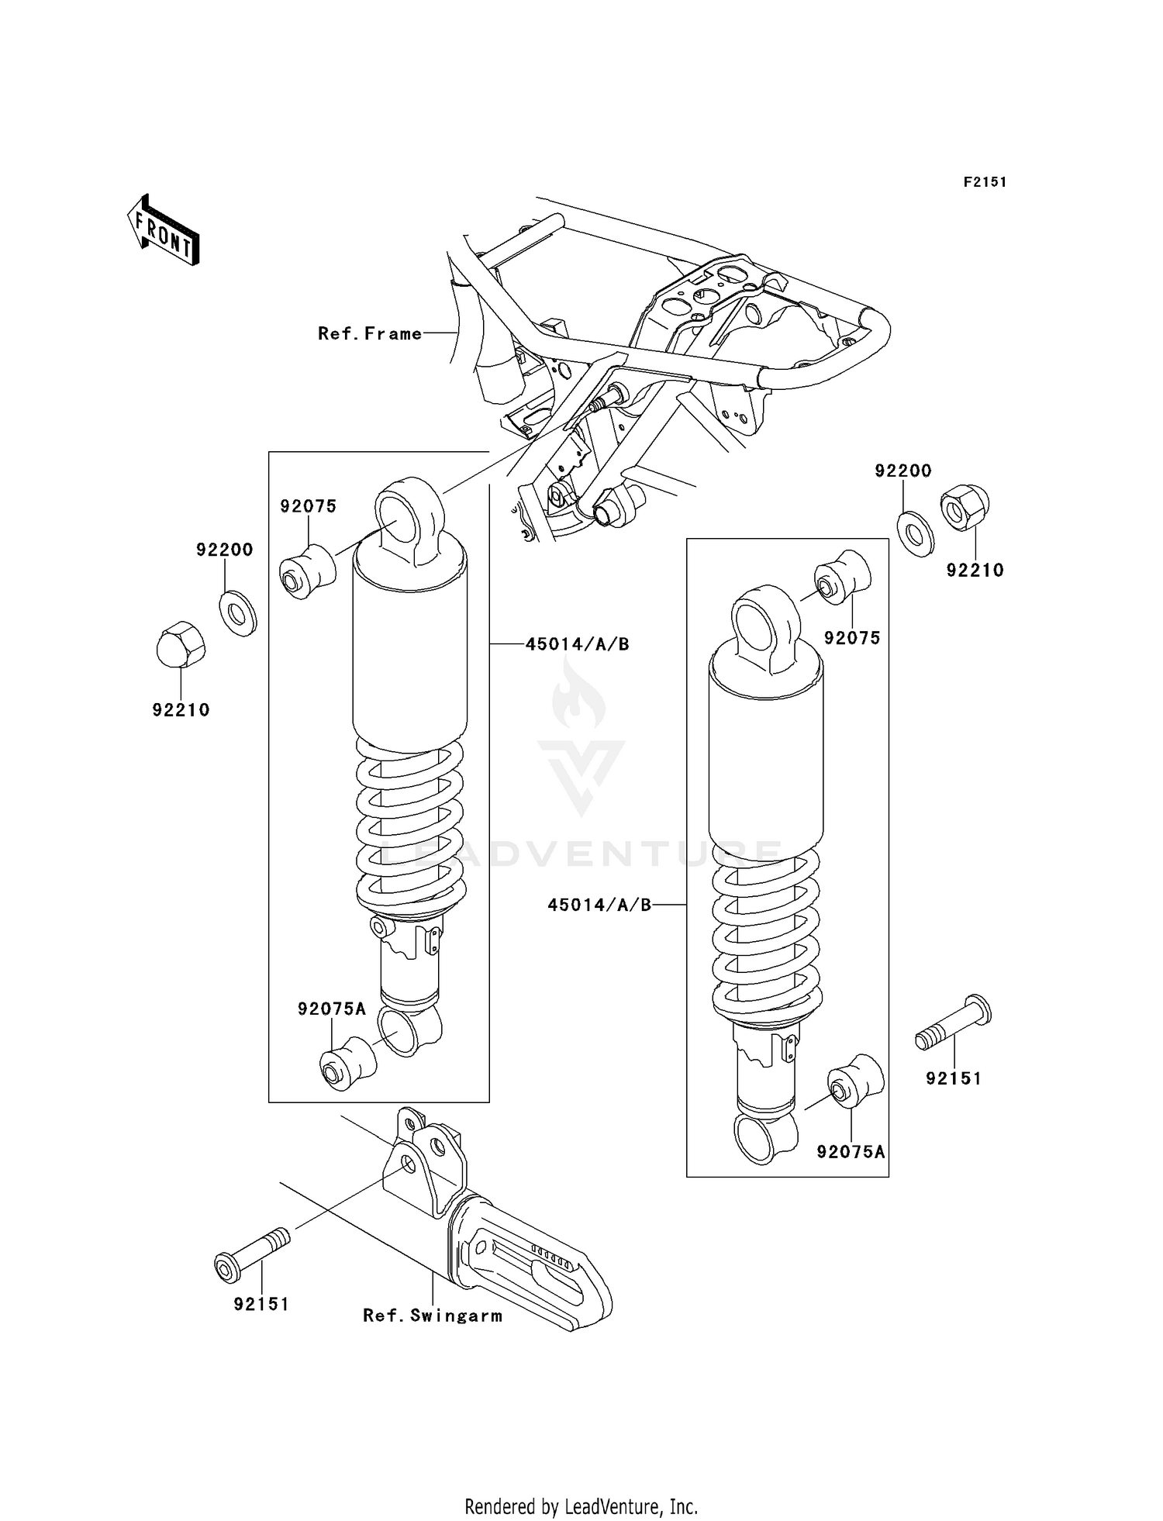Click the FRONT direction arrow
click(164, 230)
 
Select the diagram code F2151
click(985, 182)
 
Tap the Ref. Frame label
click(370, 334)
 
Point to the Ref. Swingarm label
click(433, 1316)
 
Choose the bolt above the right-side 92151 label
click(954, 1023)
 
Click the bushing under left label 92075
click(307, 572)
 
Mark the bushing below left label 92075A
click(347, 1064)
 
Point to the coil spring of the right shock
click(766, 930)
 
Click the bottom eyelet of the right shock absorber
click(764, 1137)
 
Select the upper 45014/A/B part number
click(577, 644)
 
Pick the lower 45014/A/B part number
click(599, 905)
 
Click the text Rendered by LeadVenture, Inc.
click(581, 1506)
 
